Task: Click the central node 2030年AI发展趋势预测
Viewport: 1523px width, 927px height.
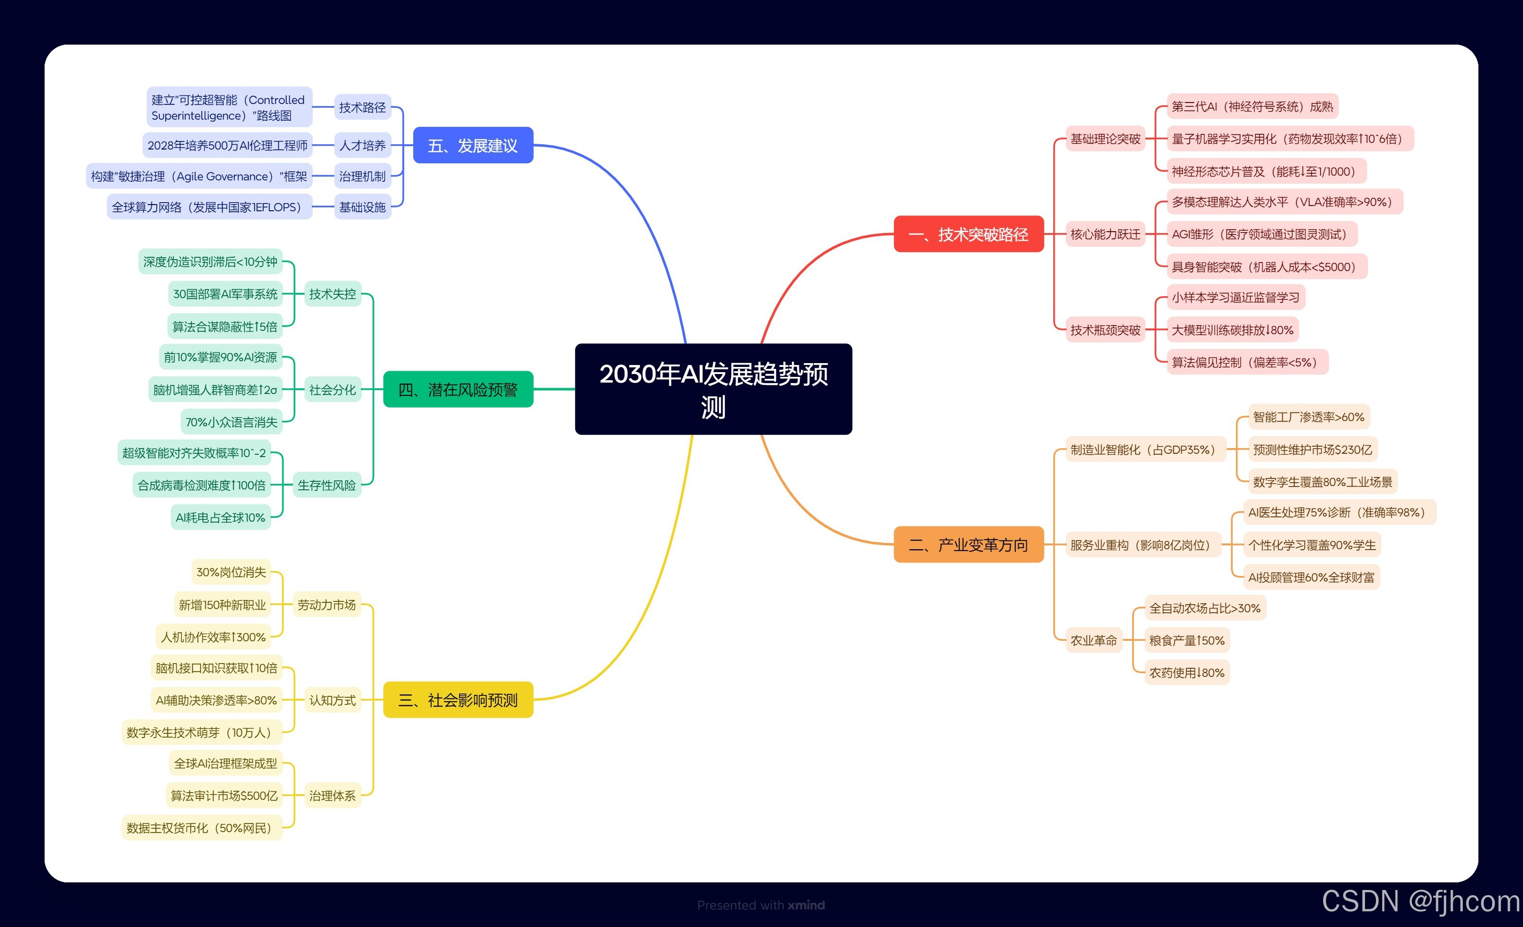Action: (713, 389)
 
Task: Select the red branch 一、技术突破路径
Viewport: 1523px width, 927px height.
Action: (968, 234)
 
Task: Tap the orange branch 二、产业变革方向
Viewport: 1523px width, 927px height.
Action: (968, 545)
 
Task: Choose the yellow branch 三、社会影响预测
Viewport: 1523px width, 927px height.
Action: (458, 700)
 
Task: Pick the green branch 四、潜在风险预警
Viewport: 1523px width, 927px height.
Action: (458, 390)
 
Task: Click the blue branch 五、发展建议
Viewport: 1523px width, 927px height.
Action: (473, 145)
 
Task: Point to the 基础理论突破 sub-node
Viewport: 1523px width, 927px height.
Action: (1105, 139)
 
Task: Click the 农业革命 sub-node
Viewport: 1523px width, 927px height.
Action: (1094, 640)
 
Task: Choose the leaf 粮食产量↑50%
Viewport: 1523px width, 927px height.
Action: (1187, 640)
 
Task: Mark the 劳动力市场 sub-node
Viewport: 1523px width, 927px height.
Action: (326, 605)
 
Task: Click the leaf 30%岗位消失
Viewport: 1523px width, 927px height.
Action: (231, 572)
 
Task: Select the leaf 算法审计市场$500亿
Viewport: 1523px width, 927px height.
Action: (224, 796)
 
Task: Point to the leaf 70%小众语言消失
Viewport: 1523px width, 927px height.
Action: (231, 422)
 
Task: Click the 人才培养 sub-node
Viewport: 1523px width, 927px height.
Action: (362, 145)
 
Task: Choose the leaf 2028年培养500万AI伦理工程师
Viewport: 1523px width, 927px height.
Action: (227, 145)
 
